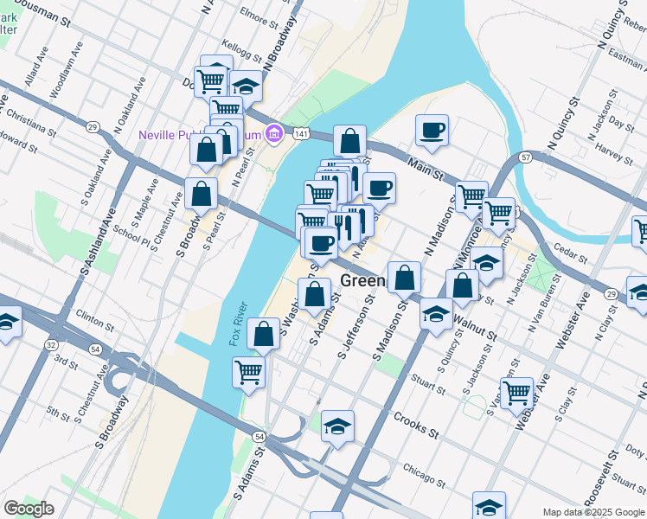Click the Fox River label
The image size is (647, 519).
pyautogui.click(x=239, y=324)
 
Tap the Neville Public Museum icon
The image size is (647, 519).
pyautogui.click(x=274, y=134)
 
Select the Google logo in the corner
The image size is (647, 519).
pyautogui.click(x=29, y=509)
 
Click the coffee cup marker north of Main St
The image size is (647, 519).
pyautogui.click(x=432, y=131)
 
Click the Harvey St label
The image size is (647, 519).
pyautogui.click(x=614, y=154)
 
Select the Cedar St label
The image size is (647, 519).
pyautogui.click(x=571, y=258)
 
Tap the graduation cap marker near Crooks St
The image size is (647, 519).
pyautogui.click(x=337, y=426)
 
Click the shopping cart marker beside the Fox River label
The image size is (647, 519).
pyautogui.click(x=248, y=372)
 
